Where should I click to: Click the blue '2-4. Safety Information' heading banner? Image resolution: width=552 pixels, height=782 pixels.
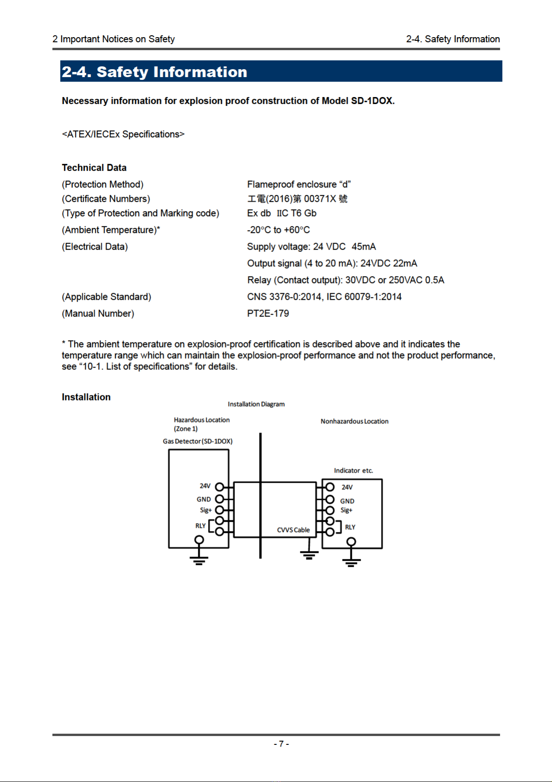(281, 71)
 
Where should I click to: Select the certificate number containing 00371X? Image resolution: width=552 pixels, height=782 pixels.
(297, 199)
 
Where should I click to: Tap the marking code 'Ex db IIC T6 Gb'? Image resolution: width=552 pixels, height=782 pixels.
(282, 213)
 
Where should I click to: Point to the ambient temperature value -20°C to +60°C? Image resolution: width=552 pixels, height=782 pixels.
(279, 230)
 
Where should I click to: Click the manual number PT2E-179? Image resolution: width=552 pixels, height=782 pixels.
(268, 314)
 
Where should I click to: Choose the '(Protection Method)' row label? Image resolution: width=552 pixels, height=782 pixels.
(103, 185)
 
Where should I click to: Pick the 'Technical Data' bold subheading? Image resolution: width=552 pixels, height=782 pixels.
(94, 168)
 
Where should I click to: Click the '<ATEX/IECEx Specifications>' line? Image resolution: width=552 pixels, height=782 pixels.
(123, 135)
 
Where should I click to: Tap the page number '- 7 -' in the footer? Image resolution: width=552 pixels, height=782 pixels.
(281, 744)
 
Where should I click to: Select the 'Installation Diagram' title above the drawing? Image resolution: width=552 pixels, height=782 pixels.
(256, 404)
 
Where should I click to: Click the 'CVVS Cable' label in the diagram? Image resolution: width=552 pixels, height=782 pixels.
(293, 530)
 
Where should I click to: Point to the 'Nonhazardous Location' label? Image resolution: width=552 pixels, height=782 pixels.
(355, 421)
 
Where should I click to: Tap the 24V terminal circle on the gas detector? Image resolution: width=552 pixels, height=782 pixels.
(220, 487)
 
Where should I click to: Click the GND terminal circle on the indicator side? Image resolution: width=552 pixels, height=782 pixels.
(330, 499)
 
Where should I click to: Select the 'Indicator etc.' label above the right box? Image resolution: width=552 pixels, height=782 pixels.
(354, 471)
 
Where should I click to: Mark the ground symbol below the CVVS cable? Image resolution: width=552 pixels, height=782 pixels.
(309, 555)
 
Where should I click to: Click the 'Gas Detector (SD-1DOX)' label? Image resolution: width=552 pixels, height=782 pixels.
(198, 441)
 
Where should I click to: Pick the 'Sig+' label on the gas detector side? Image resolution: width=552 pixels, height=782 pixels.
(206, 511)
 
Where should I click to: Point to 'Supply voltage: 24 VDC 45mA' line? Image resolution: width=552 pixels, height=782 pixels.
(311, 247)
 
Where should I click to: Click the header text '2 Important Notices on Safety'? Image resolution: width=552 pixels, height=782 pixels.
(114, 39)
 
